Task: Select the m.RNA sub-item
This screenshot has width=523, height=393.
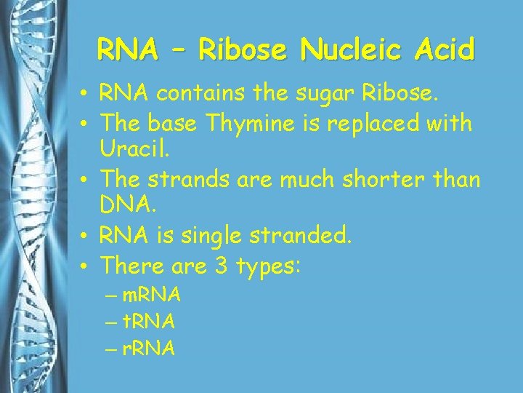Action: (151, 296)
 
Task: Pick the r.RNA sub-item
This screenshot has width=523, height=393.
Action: (148, 349)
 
